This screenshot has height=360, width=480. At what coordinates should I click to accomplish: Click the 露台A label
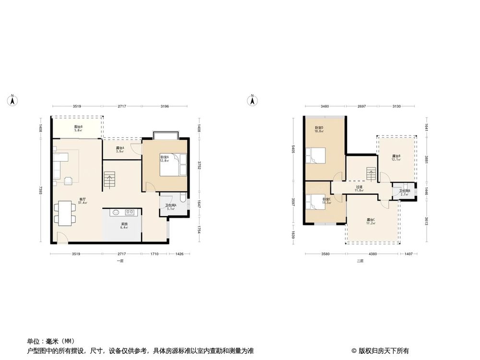(120, 149)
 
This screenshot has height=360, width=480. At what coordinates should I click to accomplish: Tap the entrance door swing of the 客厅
(61, 237)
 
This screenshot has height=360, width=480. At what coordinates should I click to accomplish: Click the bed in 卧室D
(317, 156)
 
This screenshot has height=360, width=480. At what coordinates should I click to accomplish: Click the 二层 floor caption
(360, 261)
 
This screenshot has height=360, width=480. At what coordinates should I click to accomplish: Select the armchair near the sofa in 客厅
(69, 180)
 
